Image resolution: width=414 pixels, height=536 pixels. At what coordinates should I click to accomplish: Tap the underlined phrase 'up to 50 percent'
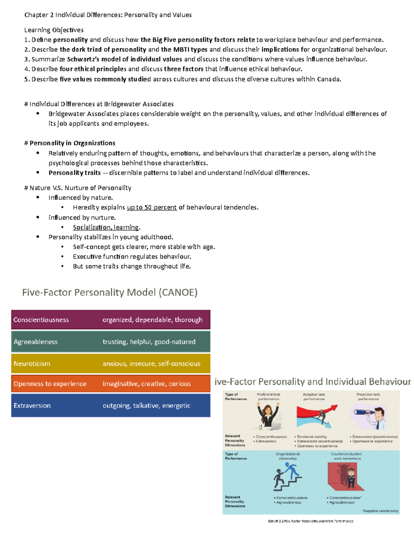point(151,207)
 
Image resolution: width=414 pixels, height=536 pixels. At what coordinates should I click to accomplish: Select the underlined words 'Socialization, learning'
point(106,227)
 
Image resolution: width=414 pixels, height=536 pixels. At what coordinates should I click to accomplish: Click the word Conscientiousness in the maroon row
point(41,320)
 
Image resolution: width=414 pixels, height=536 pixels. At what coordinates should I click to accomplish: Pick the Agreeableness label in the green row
point(36,342)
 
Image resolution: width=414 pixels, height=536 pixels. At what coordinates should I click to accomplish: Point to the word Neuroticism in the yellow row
point(32,364)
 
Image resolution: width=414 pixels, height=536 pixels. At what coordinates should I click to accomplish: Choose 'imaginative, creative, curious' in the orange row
point(147,384)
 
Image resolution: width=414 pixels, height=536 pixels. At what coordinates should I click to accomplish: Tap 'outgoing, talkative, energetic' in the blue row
point(146,406)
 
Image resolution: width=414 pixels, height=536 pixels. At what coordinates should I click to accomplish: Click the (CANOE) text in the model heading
point(178,292)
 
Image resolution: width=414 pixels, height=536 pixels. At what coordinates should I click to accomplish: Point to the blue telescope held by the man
point(363,412)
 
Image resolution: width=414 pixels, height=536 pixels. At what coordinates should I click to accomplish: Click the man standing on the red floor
point(351,478)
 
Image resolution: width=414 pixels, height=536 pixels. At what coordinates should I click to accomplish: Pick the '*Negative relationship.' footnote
point(381,511)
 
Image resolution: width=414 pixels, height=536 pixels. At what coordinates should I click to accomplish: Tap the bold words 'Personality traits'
point(75,173)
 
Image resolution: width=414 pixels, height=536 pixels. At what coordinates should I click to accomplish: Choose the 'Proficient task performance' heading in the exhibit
point(268,397)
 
